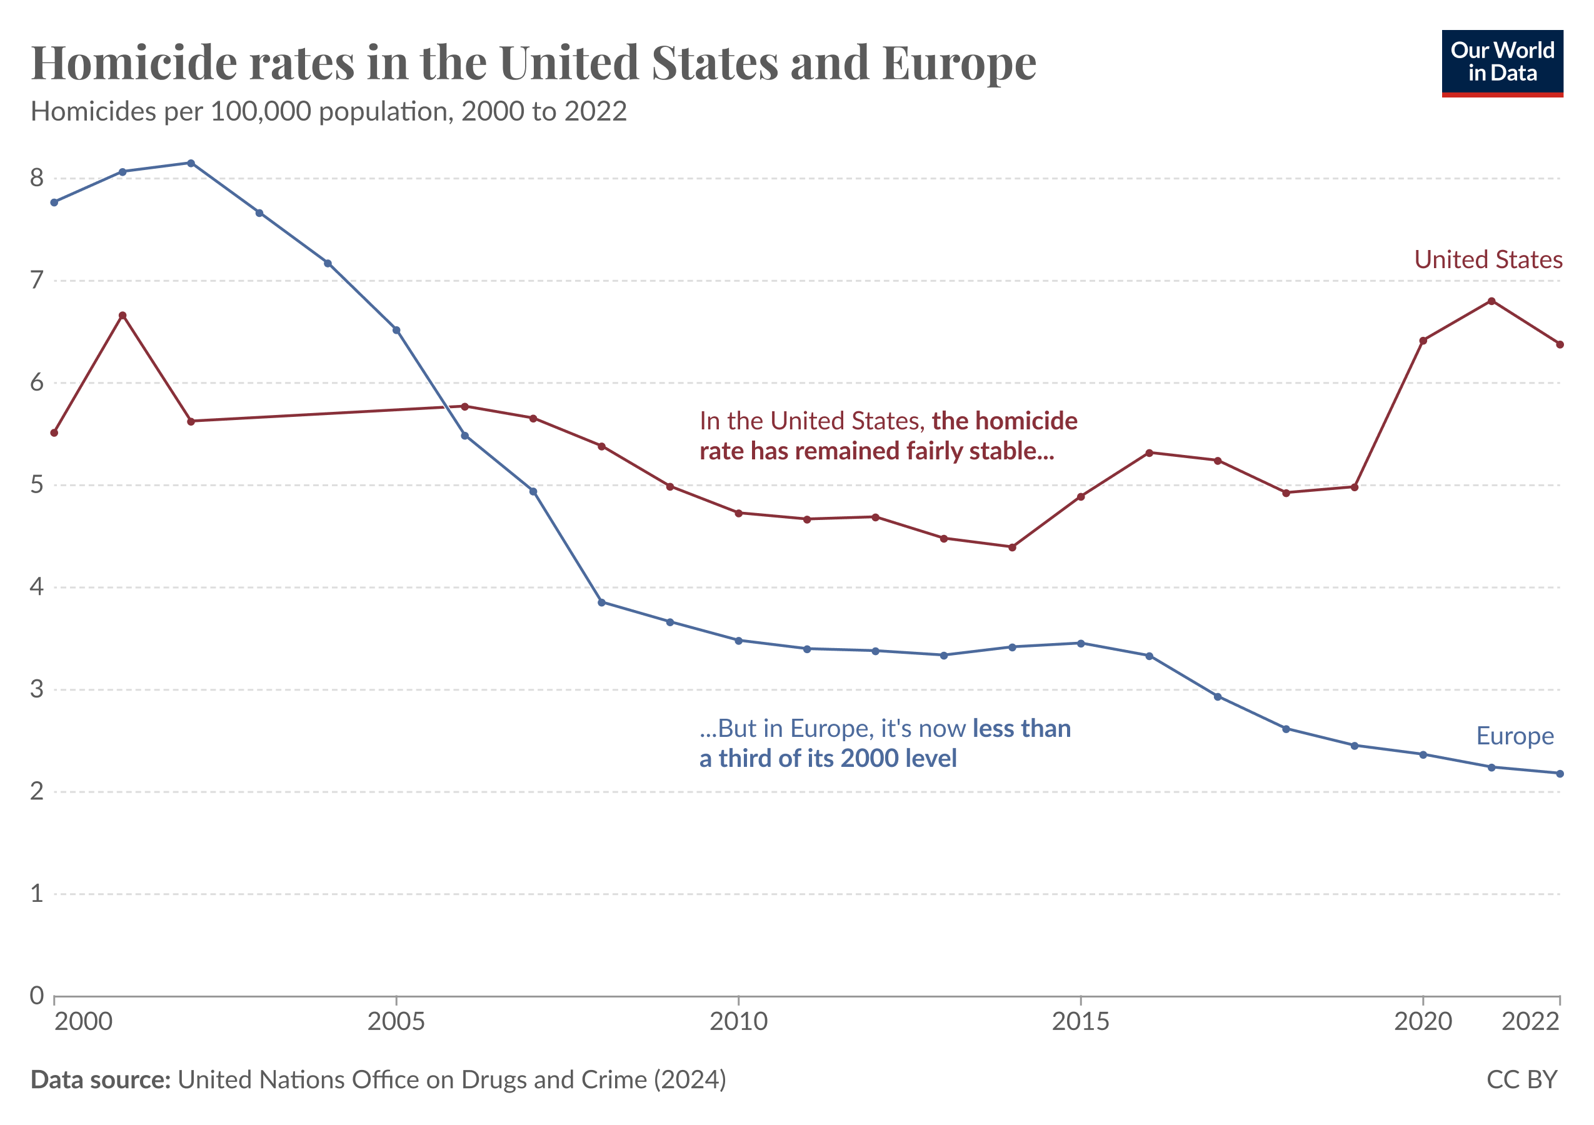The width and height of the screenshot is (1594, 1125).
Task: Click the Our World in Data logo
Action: pos(1501,63)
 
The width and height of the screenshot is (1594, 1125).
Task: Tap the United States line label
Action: pos(1488,259)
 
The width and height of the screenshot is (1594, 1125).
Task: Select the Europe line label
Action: pos(1515,736)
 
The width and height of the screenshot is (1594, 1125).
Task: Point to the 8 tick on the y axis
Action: pos(37,178)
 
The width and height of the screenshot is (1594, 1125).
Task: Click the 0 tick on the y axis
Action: pos(37,996)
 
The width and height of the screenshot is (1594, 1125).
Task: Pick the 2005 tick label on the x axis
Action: pos(396,1022)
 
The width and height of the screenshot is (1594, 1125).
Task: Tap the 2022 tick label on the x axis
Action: pos(1531,1022)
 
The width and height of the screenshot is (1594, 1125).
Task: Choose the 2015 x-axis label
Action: pos(1080,1022)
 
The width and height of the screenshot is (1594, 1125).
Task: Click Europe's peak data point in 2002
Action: pos(191,163)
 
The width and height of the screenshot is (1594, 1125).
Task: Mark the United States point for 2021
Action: pos(1491,301)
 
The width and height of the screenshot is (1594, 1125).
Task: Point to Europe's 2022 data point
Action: pos(1560,774)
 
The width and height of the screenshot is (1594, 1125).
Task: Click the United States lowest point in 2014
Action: pos(1012,547)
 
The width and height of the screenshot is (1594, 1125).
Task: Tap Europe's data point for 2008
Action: pos(601,602)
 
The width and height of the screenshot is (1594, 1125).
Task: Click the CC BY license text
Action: pos(1521,1080)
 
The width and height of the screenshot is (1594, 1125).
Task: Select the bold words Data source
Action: pos(101,1080)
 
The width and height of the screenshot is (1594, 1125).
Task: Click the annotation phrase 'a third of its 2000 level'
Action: pos(828,759)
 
